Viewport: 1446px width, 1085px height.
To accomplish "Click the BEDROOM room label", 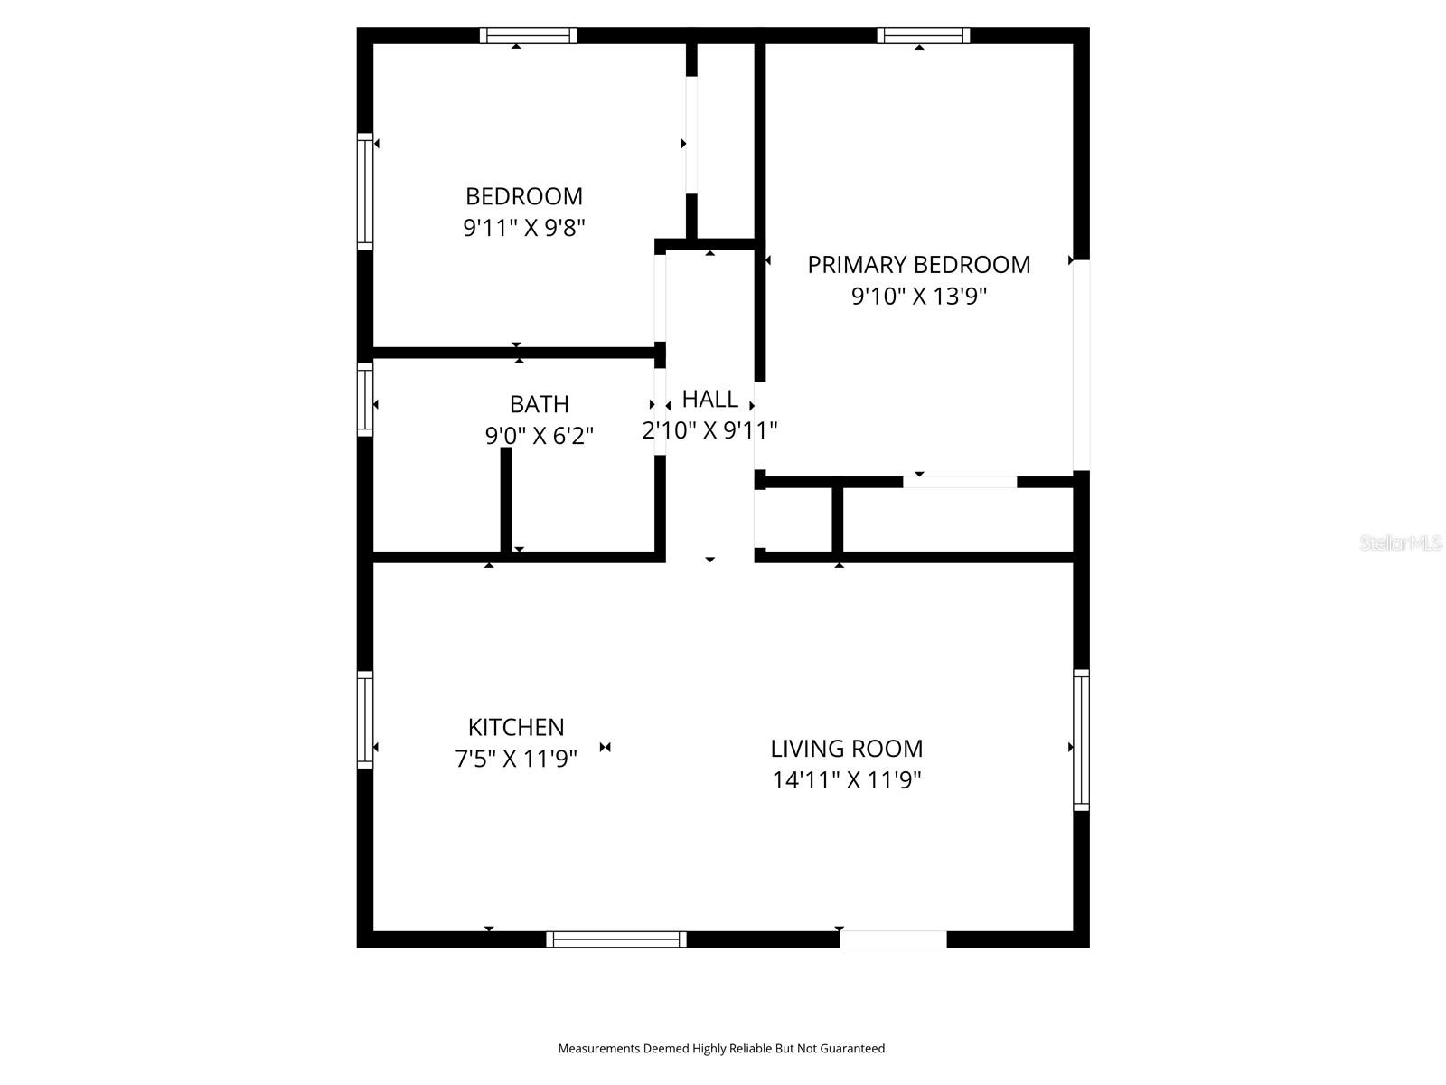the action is point(523,196).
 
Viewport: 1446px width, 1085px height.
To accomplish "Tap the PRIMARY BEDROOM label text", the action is point(919,265).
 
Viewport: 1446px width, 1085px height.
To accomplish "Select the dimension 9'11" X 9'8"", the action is point(523,228).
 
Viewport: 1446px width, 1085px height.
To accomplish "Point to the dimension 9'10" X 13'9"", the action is point(919,297).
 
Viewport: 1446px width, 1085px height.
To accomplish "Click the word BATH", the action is point(539,404).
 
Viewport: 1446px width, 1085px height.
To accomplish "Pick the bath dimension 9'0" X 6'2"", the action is point(539,436).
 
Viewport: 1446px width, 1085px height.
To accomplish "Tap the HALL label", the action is point(709,399).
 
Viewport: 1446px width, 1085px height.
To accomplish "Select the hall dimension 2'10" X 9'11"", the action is point(709,430).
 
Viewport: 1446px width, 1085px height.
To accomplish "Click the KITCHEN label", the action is point(516,727).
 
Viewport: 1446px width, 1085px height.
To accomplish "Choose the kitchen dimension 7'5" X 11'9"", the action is point(516,759).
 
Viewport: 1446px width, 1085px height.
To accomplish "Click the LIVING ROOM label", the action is point(847,749).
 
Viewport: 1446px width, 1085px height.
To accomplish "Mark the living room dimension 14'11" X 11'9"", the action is point(847,780).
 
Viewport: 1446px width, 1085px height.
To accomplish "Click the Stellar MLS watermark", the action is point(1401,542).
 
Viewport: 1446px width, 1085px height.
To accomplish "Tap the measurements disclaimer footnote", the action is point(723,1048).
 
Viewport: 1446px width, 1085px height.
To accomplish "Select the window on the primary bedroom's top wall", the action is point(923,35).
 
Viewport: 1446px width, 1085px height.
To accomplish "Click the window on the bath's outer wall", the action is point(365,400).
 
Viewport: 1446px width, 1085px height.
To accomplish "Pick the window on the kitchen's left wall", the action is point(365,720).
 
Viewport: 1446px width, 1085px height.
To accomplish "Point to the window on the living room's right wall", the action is point(1081,740).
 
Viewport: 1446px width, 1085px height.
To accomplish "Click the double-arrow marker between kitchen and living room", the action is point(605,747).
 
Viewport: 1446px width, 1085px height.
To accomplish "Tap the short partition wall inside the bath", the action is point(506,500).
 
